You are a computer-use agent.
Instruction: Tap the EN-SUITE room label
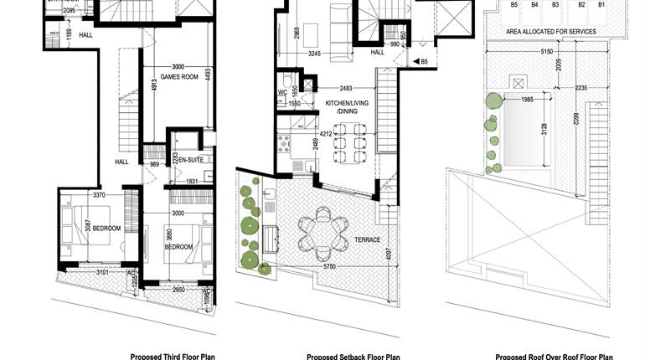[x=191, y=160]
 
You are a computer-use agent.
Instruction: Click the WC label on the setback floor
[x=282, y=92]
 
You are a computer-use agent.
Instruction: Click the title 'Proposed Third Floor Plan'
[x=173, y=356]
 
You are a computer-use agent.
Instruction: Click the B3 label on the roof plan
[x=555, y=5]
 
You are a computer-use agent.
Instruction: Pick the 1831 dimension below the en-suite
[x=192, y=181]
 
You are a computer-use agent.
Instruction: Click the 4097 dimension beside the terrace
[x=388, y=255]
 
